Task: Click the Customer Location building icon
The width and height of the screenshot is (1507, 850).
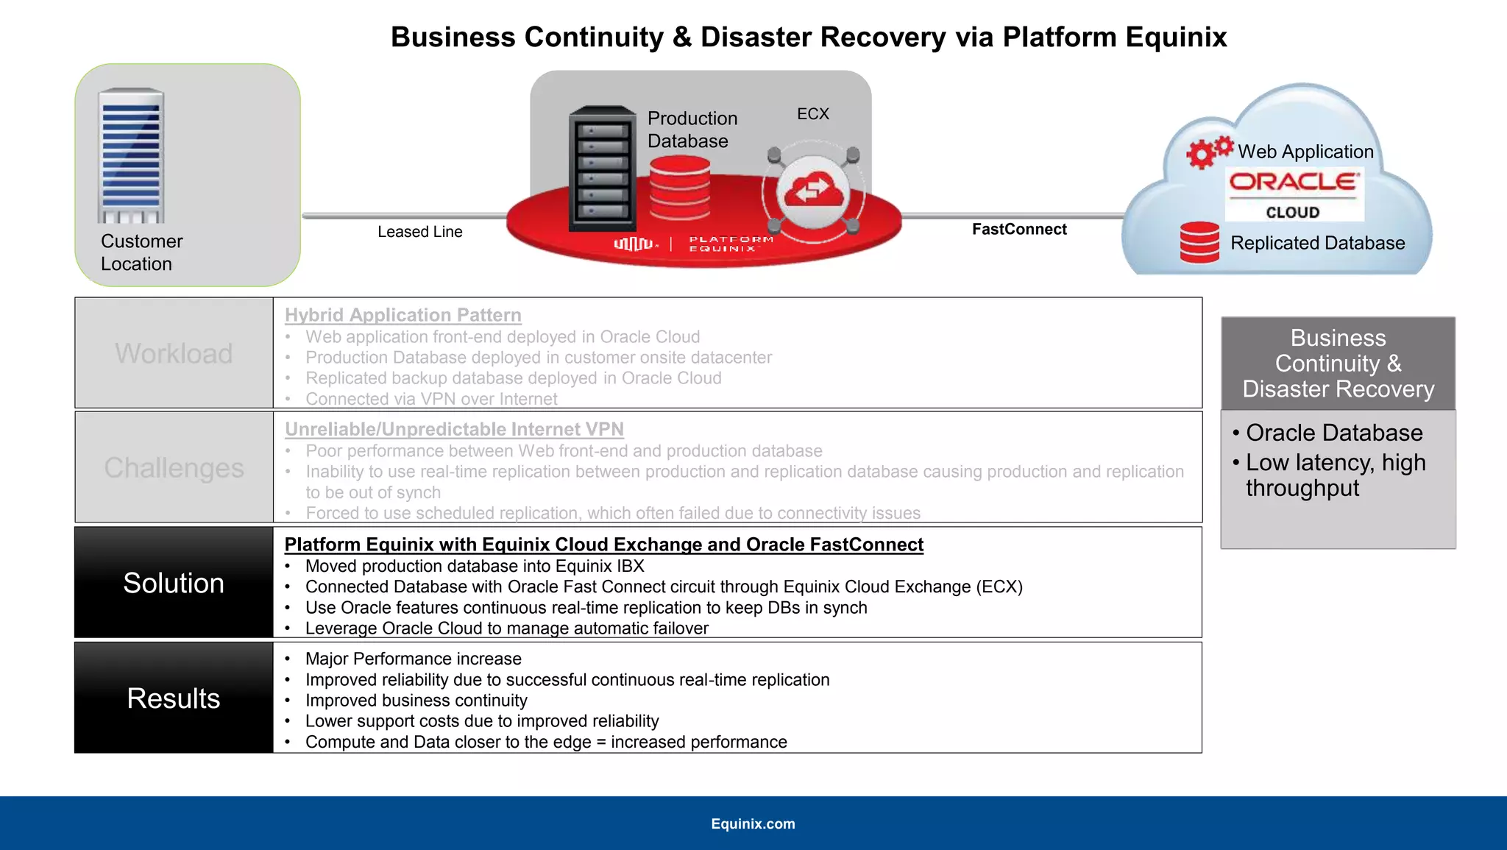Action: [131, 156]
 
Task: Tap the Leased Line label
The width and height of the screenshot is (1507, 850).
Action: [419, 232]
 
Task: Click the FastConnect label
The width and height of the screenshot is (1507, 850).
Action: [1019, 229]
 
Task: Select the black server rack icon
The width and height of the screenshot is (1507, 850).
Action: [602, 169]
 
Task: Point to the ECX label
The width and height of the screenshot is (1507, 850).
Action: [812, 114]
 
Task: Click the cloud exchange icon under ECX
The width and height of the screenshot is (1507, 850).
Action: [813, 191]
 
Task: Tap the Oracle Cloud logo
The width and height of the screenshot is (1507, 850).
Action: [1294, 194]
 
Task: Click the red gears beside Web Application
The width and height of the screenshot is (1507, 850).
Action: [1208, 152]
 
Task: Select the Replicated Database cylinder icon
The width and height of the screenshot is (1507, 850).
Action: [1199, 242]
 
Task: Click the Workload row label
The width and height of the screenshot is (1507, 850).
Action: [174, 353]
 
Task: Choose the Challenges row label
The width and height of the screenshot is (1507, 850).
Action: [174, 468]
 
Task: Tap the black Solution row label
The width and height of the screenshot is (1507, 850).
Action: [174, 583]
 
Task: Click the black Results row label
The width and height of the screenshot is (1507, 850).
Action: [174, 698]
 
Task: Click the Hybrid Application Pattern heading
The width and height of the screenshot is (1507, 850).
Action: [403, 315]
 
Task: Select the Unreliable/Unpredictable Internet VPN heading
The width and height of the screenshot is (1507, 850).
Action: [454, 429]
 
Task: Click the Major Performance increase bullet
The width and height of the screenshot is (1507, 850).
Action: [413, 659]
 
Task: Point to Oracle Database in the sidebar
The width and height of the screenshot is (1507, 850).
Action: [1333, 433]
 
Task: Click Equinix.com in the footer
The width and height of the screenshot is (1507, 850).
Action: [753, 824]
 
